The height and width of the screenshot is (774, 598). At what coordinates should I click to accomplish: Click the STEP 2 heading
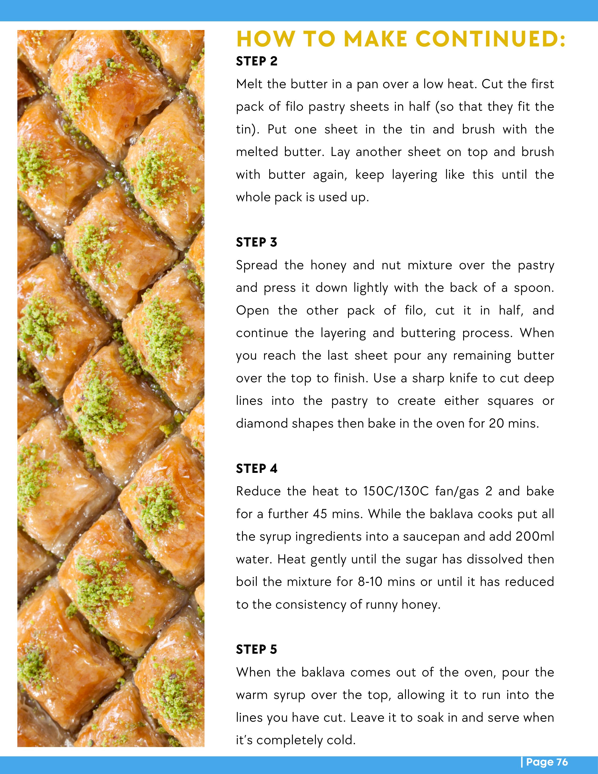(257, 61)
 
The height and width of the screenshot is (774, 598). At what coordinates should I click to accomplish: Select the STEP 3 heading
(257, 243)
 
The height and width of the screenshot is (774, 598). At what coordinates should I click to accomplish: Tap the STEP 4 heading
(257, 469)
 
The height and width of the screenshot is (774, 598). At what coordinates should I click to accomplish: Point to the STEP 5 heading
(257, 650)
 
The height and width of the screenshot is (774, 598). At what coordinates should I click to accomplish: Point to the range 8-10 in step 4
(370, 582)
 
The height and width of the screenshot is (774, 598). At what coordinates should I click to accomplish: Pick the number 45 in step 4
(320, 514)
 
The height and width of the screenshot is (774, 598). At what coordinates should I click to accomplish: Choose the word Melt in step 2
(250, 84)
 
